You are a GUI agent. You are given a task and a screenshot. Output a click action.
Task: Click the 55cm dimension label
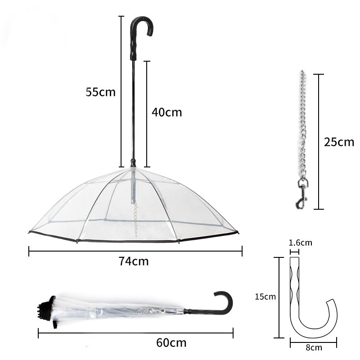[x=101, y=92]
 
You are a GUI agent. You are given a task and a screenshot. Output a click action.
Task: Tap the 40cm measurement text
[x=166, y=112]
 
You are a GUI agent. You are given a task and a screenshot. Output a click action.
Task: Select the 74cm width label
[x=134, y=261]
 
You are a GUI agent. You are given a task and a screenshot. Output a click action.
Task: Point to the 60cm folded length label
[x=171, y=342]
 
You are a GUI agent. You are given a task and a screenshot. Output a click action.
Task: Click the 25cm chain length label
[x=339, y=142]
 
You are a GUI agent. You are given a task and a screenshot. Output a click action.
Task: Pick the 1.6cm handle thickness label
[x=300, y=243]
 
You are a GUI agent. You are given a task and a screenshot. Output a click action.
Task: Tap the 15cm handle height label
[x=265, y=297]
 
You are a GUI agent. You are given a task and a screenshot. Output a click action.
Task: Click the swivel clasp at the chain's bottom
[x=301, y=193]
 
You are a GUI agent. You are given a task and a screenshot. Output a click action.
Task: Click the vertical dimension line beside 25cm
[x=319, y=141]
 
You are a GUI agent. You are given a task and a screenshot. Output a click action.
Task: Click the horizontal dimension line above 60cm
[x=135, y=333]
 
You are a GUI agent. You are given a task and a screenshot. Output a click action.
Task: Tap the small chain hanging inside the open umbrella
[x=135, y=216]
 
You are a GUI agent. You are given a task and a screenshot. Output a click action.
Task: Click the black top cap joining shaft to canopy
[x=133, y=162]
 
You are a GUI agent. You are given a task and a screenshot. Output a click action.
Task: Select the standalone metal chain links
[x=301, y=126]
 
